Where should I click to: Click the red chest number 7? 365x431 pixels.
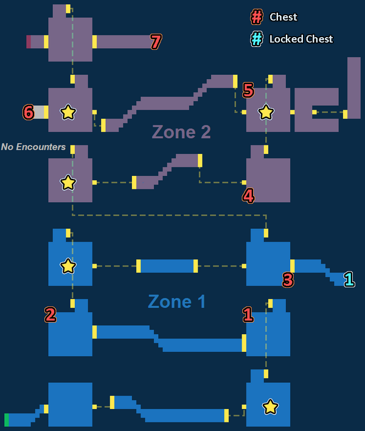click(156, 41)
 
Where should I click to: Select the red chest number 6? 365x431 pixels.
click(29, 112)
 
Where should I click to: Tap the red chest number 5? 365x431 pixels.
click(248, 90)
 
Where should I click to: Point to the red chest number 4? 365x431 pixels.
click(248, 196)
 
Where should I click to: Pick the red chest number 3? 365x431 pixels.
click(288, 279)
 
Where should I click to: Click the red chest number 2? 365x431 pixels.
click(50, 315)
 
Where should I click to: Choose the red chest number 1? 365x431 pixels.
click(248, 315)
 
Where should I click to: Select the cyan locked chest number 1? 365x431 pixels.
click(349, 279)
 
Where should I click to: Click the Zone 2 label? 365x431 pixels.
click(181, 132)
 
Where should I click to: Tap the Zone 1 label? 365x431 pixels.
click(176, 301)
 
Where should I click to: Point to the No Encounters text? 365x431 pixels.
click(33, 147)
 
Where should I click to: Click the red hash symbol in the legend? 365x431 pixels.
click(257, 17)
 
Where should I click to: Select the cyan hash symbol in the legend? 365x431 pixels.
click(257, 39)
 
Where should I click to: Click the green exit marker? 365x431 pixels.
click(7, 420)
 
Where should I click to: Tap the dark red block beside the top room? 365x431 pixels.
click(29, 42)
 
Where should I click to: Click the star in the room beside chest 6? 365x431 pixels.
click(68, 112)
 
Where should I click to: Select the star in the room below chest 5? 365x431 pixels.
click(266, 112)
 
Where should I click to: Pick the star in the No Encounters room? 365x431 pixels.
click(68, 183)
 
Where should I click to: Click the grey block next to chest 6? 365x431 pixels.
click(39, 112)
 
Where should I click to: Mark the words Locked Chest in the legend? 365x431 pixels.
click(301, 39)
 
